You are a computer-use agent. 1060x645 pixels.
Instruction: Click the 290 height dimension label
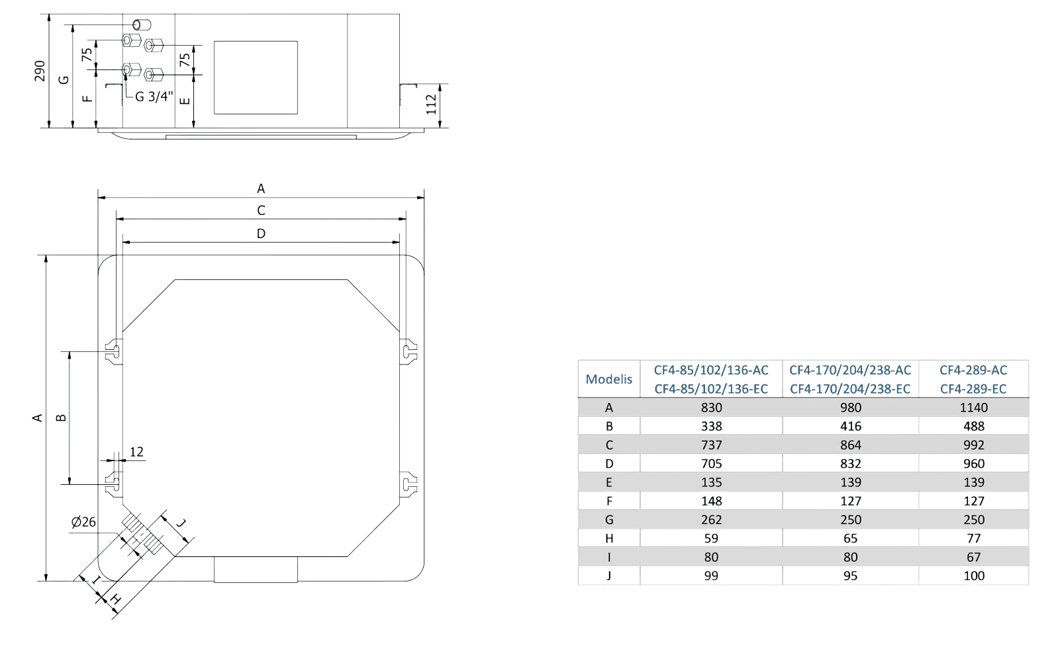40,71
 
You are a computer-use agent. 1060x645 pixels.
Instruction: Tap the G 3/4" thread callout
154,97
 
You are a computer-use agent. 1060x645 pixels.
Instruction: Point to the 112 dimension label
431,105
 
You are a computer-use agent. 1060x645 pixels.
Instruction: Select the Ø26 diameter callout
83,522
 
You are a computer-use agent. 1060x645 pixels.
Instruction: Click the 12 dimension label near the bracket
136,452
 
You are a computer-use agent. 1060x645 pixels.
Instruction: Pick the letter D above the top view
262,234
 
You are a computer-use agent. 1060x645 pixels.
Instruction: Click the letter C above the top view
262,210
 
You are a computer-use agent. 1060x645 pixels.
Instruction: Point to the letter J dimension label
181,523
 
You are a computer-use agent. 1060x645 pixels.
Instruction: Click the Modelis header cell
608,379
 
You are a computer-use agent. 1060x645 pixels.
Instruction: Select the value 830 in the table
711,408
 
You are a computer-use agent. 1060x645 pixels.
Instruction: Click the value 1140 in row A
974,408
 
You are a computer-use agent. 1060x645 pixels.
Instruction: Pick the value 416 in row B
850,426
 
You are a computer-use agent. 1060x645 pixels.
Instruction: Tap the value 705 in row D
711,464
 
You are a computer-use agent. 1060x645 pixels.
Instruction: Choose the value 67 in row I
974,557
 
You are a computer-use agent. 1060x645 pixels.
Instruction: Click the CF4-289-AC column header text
973,370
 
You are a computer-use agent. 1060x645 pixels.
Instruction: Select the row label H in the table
609,538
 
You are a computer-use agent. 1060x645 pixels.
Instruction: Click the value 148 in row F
711,501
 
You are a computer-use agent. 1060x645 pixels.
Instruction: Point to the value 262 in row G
711,520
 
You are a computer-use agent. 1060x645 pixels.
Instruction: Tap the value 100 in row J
974,576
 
